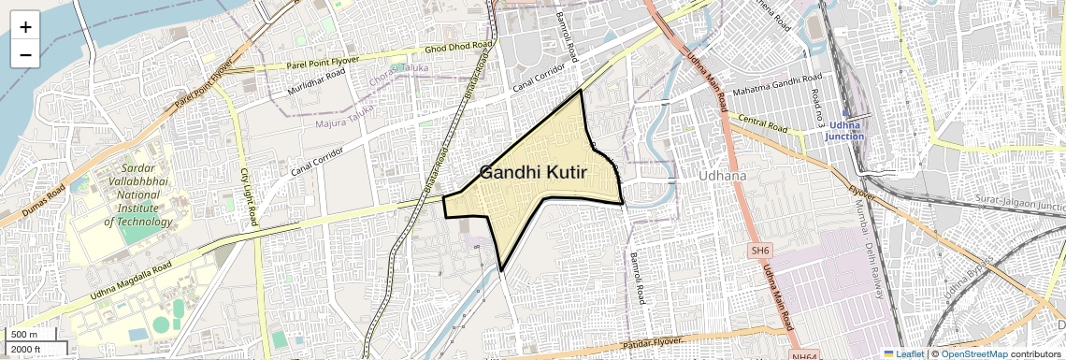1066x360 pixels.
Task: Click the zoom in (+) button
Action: point(25,27)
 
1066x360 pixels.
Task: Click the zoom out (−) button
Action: point(25,55)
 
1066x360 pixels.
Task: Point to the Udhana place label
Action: point(723,176)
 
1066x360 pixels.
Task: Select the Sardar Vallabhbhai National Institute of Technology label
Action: point(138,188)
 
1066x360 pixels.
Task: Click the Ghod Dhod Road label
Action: point(457,47)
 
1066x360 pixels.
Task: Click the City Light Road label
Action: point(249,197)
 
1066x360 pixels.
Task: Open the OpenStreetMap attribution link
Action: point(973,353)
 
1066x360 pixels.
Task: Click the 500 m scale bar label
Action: point(26,335)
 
